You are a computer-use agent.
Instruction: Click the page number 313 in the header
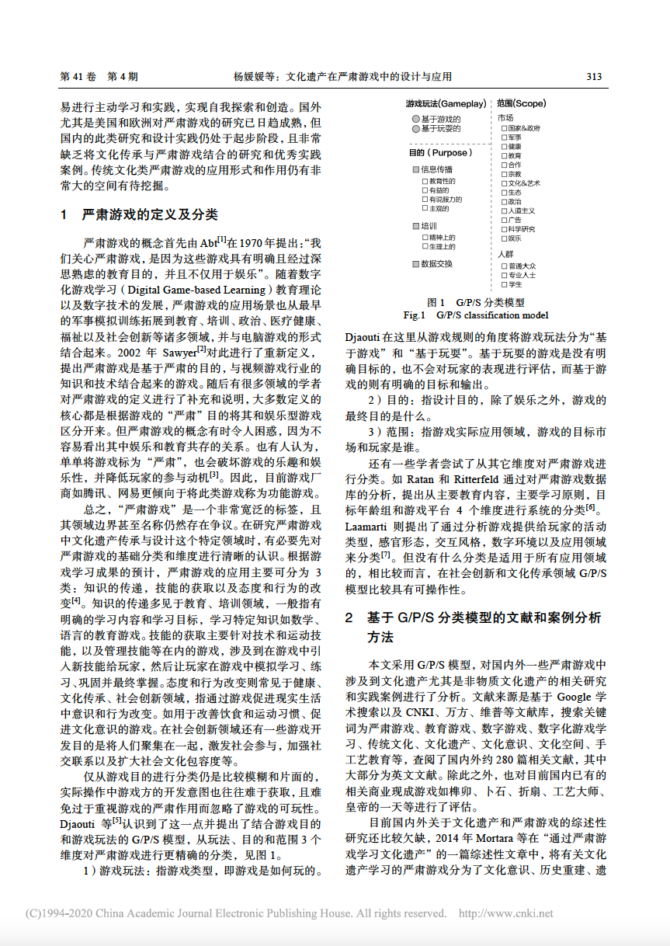594,77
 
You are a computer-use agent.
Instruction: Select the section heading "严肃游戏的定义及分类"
149,214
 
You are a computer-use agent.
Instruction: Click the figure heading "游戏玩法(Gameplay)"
446,103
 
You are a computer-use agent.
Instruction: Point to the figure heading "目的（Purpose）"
440,153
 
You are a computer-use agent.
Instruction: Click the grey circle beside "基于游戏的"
416,119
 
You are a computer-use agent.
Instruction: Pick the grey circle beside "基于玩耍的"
416,129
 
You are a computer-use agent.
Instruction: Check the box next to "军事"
505,137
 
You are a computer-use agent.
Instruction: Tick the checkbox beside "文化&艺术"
505,183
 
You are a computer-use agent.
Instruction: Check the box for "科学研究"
505,229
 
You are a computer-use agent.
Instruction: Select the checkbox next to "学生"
505,284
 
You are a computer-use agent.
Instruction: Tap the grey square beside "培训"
415,226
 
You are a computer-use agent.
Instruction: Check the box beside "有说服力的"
424,200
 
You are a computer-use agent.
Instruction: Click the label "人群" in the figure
505,254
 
